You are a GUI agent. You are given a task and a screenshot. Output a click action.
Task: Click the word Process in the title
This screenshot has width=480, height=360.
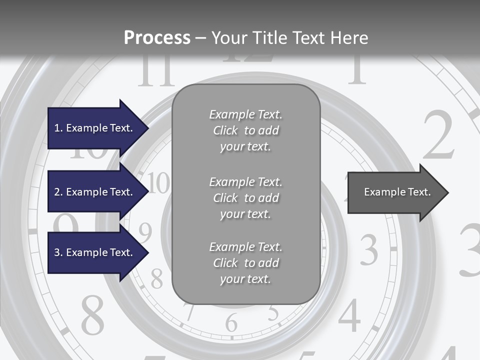point(157,38)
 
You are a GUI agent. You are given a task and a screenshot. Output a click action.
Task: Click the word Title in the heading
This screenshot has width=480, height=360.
point(269,38)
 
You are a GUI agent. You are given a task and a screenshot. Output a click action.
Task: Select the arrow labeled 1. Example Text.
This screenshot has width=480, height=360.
point(95,128)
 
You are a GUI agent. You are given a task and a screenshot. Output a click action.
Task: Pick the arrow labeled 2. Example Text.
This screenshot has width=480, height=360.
point(95,192)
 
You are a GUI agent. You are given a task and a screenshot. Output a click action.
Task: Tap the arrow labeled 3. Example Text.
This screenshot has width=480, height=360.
point(95,252)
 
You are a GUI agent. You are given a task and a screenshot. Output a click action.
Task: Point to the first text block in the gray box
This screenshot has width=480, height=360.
point(245,130)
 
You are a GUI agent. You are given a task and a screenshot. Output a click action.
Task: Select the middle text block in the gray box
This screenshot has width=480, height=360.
point(245,198)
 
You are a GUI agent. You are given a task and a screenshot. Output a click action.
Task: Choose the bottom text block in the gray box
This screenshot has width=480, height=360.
point(245,263)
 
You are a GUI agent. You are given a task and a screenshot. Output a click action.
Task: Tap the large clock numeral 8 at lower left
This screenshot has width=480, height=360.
point(92,315)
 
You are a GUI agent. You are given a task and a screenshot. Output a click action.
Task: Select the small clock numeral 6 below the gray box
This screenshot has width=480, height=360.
point(231,322)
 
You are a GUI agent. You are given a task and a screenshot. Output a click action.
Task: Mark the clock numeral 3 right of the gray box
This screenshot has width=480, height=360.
point(369,249)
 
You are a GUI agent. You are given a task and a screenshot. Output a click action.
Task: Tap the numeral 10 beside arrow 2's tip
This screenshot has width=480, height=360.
point(159,183)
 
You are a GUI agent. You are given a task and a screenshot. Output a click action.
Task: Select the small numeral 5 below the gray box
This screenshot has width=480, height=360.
point(273,313)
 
